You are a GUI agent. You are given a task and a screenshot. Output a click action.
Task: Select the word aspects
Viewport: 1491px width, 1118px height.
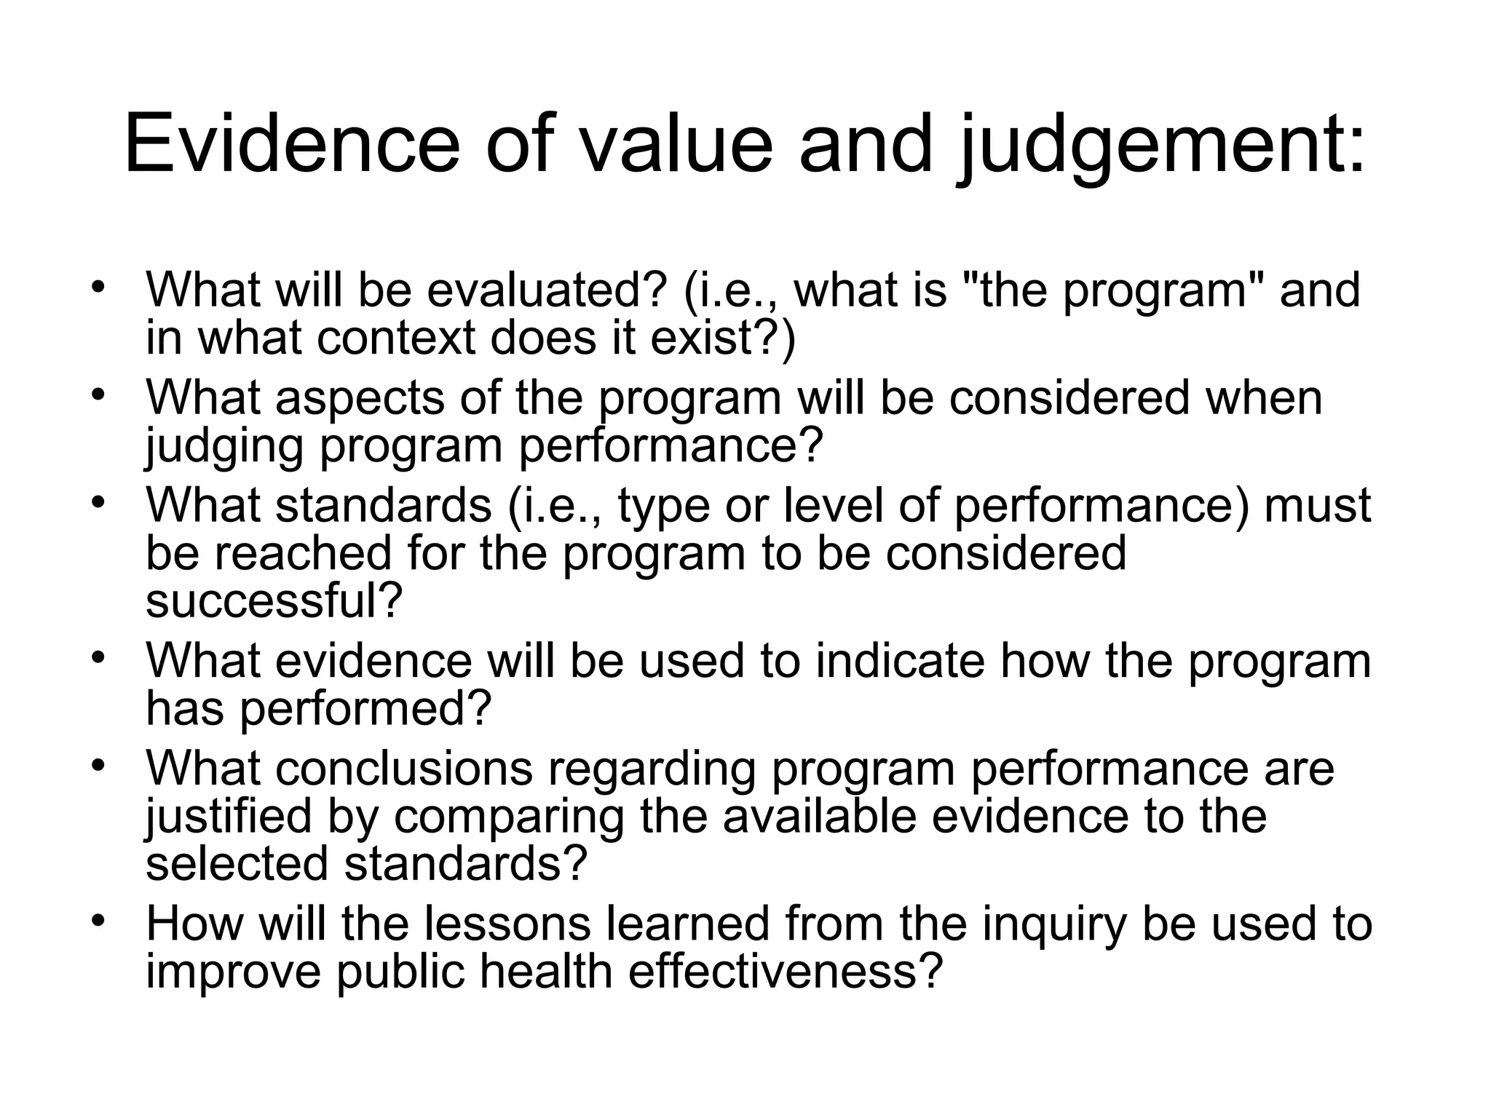click(x=360, y=399)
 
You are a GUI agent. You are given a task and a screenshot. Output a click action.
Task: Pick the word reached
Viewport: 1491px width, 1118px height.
click(x=303, y=553)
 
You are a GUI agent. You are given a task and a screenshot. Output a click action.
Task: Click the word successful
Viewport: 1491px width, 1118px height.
click(x=273, y=601)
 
